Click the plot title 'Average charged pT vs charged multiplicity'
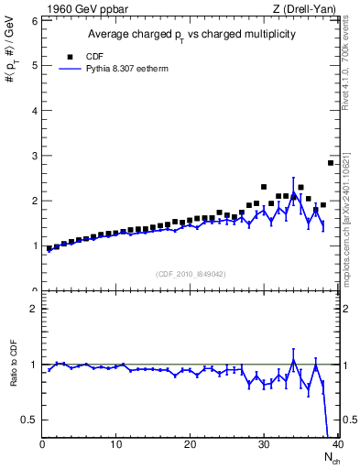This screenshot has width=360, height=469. (x=190, y=34)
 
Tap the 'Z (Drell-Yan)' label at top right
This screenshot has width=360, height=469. (x=303, y=8)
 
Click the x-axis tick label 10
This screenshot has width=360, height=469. (x=115, y=445)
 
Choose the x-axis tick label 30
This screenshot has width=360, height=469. (x=264, y=445)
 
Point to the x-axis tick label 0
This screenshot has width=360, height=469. (x=42, y=445)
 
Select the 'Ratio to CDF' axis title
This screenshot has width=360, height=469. (x=14, y=377)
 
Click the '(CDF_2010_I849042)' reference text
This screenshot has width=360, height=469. (x=190, y=273)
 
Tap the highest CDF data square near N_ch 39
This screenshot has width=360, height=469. (x=331, y=163)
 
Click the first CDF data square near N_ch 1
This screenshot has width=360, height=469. (x=49, y=248)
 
